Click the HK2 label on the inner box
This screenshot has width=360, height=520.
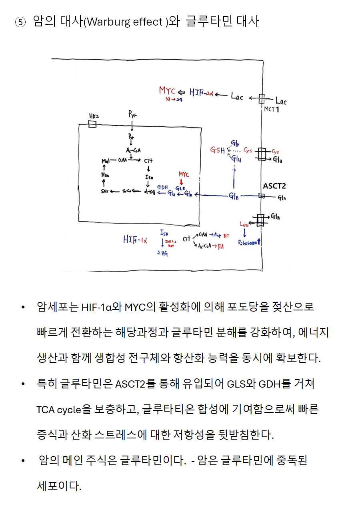94,116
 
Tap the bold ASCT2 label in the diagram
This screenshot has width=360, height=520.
274,186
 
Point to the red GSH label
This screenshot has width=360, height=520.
218,150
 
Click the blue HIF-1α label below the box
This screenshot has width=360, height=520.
135,240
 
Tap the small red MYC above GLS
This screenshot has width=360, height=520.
184,175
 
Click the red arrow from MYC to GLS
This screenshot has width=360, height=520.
182,182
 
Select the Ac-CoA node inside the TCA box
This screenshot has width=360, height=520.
133,150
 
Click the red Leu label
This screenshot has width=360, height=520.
244,224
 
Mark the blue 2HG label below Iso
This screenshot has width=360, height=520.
162,254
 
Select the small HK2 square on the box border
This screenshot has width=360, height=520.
92,124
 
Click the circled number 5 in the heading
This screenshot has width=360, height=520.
20,23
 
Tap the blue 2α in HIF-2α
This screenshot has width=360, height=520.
208,94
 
